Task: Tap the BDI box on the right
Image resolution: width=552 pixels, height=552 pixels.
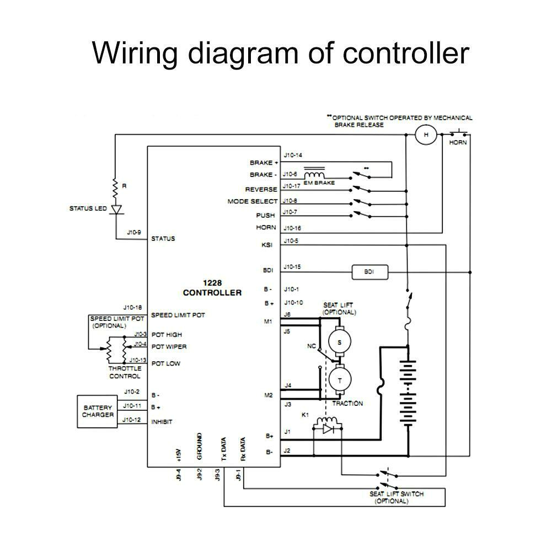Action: tap(369, 272)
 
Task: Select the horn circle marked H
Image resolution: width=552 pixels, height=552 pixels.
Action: tap(425, 135)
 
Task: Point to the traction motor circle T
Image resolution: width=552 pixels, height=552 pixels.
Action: tap(340, 380)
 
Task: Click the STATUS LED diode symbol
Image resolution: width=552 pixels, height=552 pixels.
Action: tap(116, 210)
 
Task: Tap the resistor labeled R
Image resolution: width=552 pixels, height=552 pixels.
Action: tap(116, 188)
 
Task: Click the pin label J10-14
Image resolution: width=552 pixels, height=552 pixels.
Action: tap(293, 156)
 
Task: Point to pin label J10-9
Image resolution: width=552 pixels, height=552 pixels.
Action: tap(135, 233)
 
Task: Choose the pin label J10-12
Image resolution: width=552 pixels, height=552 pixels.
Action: tap(133, 420)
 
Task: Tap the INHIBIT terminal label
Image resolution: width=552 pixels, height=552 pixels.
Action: tap(162, 422)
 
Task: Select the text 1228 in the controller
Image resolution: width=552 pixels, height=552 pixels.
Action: tap(212, 282)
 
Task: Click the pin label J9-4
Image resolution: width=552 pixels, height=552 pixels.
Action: tap(178, 474)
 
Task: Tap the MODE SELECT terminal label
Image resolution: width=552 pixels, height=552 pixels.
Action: tap(253, 202)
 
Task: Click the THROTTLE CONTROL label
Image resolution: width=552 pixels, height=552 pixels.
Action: tap(125, 372)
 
